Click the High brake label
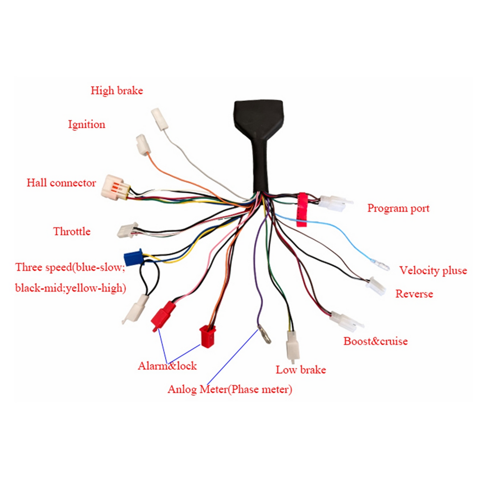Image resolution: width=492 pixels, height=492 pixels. pos(117,91)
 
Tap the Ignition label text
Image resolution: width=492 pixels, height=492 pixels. pos(87,125)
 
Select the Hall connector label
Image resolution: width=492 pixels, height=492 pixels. pos(61,183)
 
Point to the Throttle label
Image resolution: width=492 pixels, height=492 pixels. pos(72,231)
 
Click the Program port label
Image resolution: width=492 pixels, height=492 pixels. pos(398,209)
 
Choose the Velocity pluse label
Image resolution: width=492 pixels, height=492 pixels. pos(433,271)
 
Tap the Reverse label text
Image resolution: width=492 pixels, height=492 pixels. pos(414,294)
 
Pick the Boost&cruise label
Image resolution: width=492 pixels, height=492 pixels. pos(375,342)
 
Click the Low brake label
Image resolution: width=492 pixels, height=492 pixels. pos(301,370)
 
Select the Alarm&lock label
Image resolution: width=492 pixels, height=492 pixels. pos(167,366)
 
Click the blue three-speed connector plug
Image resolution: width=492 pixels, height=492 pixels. pos(133,257)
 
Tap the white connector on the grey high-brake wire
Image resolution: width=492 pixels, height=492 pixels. pos(160,119)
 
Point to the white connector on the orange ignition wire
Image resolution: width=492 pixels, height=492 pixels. pos(143,145)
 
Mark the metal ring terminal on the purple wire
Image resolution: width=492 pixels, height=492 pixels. pos(264,335)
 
